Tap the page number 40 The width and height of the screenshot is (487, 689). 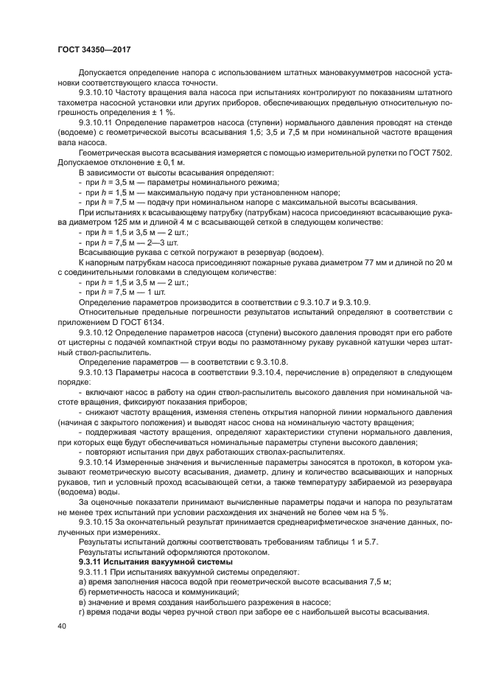click(x=62, y=626)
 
